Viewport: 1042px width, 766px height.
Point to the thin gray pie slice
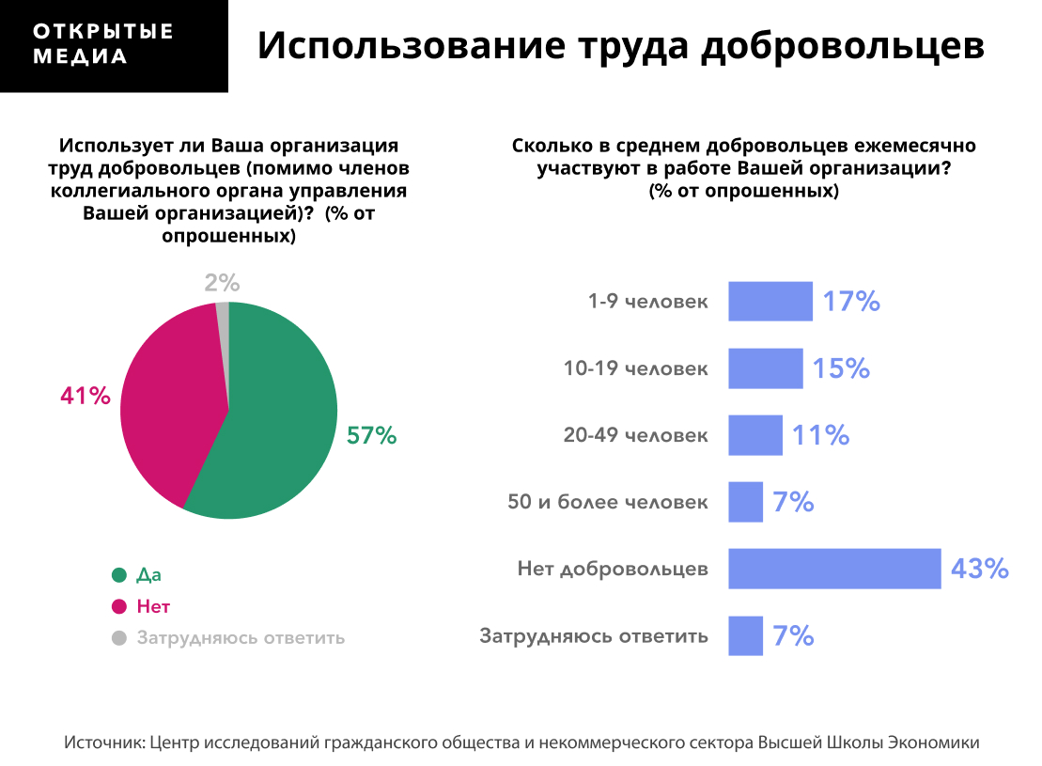[224, 315]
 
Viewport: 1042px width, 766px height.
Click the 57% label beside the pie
[372, 435]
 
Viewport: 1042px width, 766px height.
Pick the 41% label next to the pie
[86, 397]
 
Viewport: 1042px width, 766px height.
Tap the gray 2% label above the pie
[223, 282]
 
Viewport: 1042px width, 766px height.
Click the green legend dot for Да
[118, 575]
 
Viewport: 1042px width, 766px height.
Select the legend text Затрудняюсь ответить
[241, 637]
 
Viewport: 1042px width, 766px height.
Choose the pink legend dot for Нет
[118, 606]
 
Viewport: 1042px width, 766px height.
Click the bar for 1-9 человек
[770, 302]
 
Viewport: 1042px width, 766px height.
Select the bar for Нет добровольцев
[834, 569]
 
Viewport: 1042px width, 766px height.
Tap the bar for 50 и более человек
[745, 502]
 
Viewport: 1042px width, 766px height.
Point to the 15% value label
[841, 368]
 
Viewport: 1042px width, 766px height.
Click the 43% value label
[979, 569]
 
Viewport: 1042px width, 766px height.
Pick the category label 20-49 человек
[636, 435]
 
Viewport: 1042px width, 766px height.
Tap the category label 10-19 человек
[636, 368]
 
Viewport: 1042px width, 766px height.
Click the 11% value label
[820, 435]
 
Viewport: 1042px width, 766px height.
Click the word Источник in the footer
[103, 743]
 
